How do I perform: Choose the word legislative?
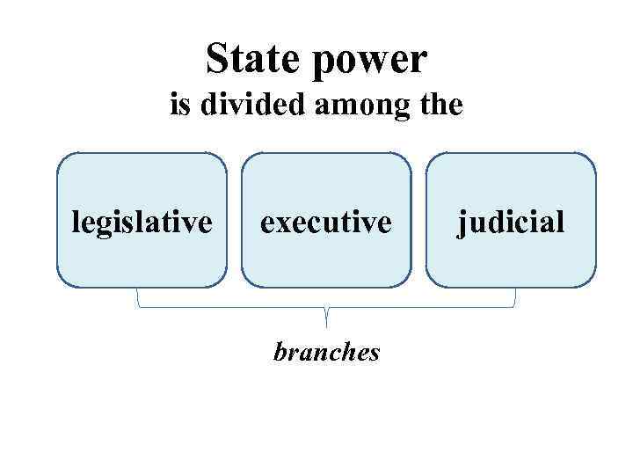point(142,222)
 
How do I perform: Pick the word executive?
point(325,222)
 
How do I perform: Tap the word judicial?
point(510,222)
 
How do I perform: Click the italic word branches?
point(326,352)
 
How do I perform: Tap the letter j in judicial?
point(461,223)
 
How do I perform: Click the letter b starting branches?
point(280,352)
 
